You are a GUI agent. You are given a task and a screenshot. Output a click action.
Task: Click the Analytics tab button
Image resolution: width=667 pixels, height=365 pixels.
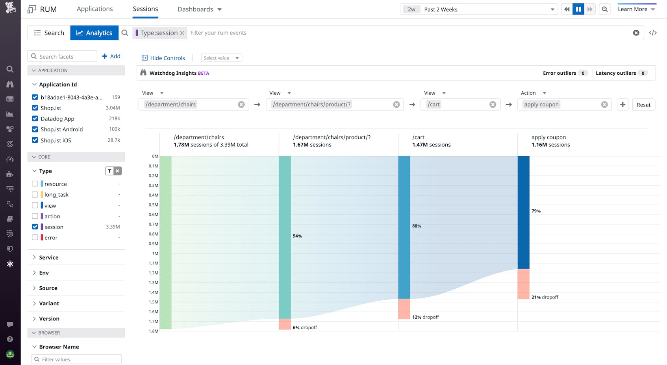(94, 33)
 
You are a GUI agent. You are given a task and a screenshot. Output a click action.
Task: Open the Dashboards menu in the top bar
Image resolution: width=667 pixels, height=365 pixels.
(199, 9)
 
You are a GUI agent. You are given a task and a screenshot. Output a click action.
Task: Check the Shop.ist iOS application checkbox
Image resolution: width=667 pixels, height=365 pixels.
(35, 140)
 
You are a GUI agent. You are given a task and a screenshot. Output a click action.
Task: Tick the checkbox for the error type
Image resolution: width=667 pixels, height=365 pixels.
(35, 238)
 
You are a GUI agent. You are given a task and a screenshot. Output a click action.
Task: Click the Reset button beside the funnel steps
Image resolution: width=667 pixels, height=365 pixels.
(643, 105)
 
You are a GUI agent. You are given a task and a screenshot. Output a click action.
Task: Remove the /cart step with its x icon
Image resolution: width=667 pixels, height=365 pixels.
(493, 105)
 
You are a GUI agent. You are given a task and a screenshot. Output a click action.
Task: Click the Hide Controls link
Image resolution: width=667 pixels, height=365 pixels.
(163, 58)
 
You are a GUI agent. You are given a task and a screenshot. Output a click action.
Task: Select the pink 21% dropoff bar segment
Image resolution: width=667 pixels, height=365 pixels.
(523, 284)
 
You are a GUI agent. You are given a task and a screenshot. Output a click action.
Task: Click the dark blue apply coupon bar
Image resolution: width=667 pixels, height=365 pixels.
(523, 212)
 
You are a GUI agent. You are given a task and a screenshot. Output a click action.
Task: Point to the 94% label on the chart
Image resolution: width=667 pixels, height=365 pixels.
(297, 236)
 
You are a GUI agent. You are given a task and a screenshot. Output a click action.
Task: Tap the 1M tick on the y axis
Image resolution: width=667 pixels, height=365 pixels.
(155, 253)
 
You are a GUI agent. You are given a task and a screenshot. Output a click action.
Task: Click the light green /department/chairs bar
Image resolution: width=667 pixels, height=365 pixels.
(165, 242)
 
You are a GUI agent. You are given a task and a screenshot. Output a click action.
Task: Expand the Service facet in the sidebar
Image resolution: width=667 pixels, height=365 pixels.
(49, 258)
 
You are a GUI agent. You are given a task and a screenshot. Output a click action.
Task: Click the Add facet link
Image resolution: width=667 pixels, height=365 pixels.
(111, 56)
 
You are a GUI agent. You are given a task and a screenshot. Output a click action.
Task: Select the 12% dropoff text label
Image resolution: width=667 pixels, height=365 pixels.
(425, 317)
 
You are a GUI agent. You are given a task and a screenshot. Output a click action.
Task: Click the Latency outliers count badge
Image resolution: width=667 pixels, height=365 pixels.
(643, 73)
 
